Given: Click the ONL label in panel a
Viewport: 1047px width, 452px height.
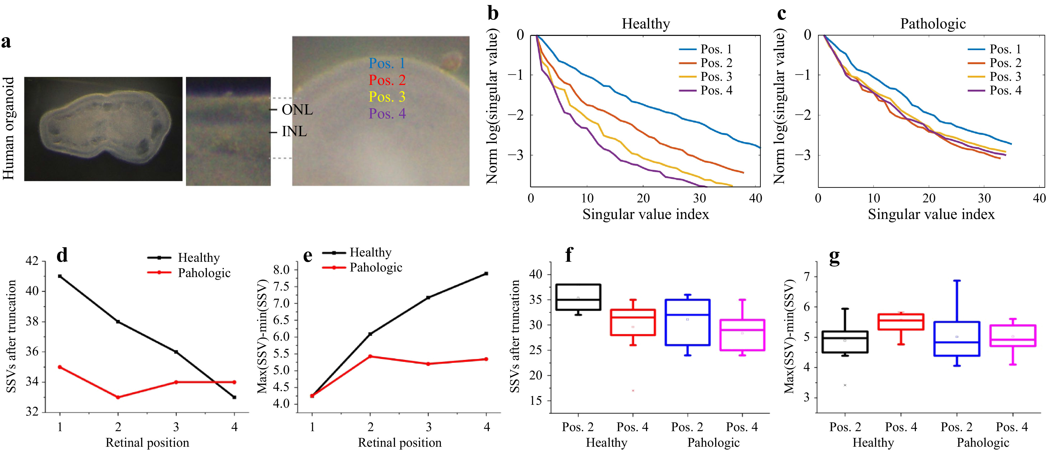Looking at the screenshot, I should pyautogui.click(x=297, y=110).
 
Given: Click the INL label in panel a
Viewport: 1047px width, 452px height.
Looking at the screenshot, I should pyautogui.click(x=294, y=132).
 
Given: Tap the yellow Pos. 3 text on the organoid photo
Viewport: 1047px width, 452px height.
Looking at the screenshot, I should pyautogui.click(x=387, y=97).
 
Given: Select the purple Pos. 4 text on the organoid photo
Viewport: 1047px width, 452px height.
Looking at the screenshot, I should pyautogui.click(x=387, y=114).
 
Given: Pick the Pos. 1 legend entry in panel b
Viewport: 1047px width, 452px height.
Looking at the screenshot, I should pyautogui.click(x=716, y=49).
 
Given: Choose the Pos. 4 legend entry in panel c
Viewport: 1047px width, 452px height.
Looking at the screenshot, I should pyautogui.click(x=1005, y=90).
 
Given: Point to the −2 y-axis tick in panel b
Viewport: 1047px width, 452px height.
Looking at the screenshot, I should pyautogui.click(x=516, y=115).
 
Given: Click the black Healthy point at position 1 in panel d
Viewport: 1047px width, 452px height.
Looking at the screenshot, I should pyautogui.click(x=60, y=277).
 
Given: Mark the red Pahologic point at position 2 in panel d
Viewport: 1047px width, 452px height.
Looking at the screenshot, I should pyautogui.click(x=118, y=397).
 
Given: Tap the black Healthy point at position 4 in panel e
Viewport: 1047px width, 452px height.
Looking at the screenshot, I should pyautogui.click(x=486, y=274).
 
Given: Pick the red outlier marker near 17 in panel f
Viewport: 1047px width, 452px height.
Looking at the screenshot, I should pyautogui.click(x=633, y=391).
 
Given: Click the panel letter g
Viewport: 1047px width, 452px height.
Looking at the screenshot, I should pyautogui.click(x=834, y=257).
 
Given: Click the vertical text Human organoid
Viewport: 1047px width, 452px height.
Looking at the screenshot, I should pyautogui.click(x=9, y=129).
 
